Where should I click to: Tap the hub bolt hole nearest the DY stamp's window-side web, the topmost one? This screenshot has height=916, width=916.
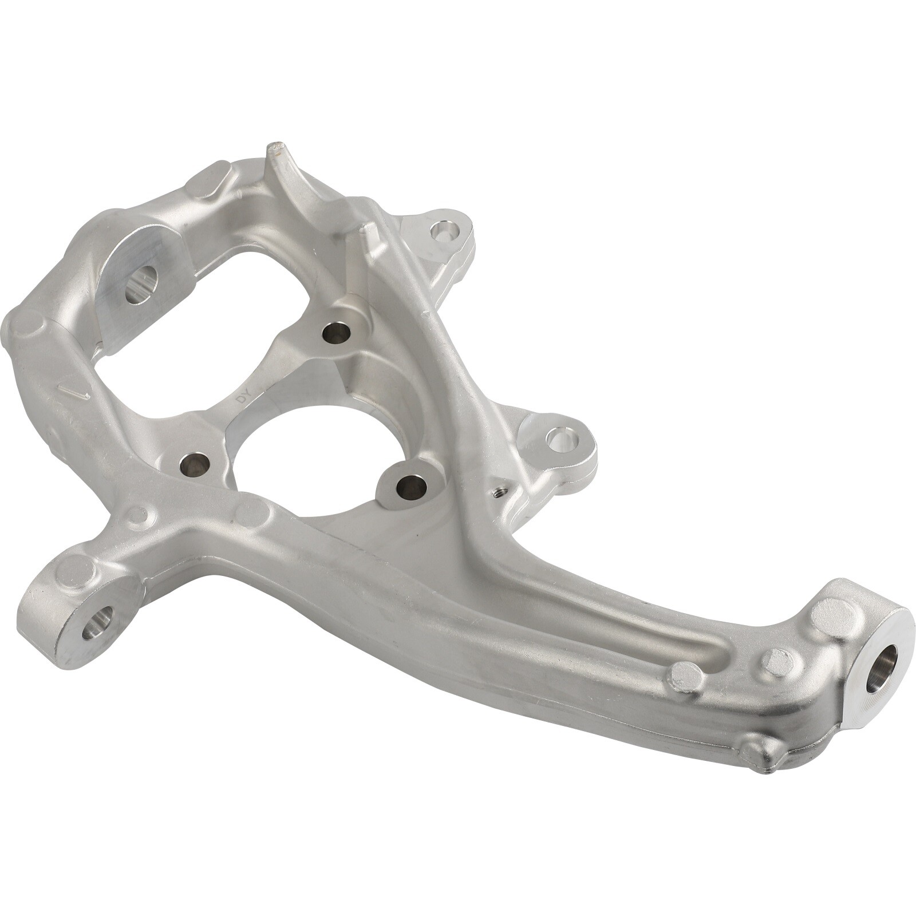point(334,332)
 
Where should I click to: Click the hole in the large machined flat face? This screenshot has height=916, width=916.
point(140,283)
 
